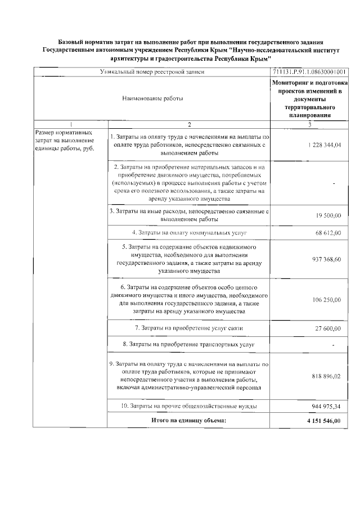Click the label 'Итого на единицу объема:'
point(189,420)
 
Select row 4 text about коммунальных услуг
point(189,232)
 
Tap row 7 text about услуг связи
point(189,328)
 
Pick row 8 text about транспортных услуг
point(189,343)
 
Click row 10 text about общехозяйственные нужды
point(189,406)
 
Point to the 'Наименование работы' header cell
point(152,98)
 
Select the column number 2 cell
point(189,124)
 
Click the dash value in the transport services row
point(334,344)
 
